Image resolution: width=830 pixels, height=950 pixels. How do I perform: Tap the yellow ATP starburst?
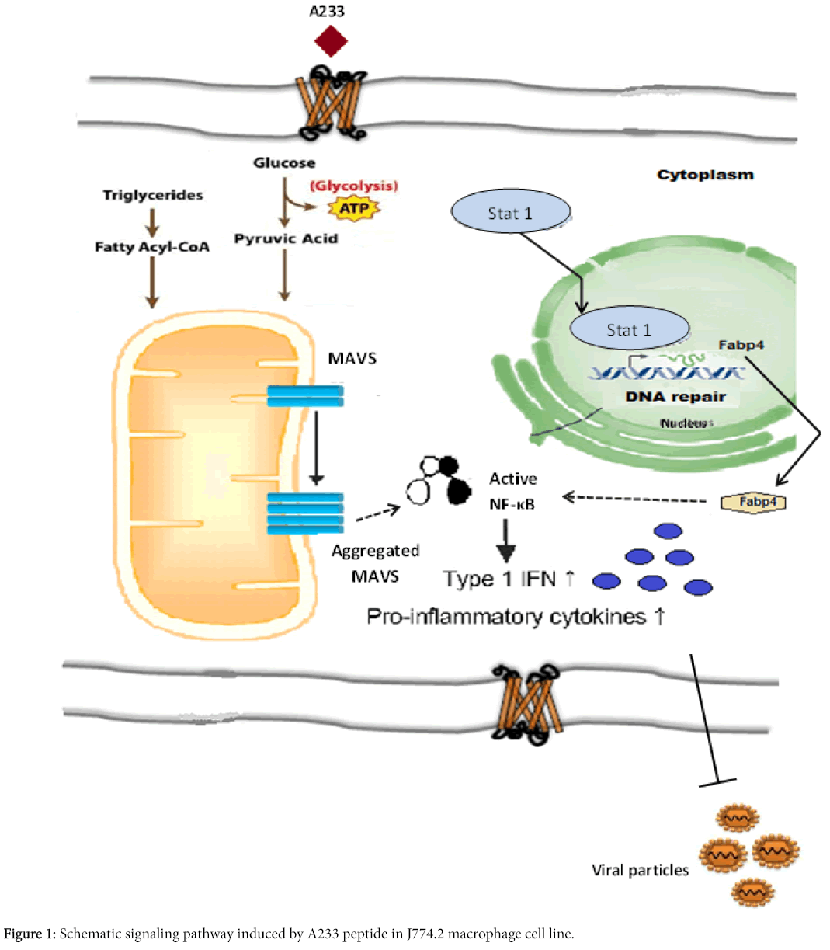pyautogui.click(x=354, y=208)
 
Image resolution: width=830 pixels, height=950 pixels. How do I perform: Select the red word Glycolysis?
pyautogui.click(x=354, y=186)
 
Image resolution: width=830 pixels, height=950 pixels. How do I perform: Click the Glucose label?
pyautogui.click(x=284, y=163)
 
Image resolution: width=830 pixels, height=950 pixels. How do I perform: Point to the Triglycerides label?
pyautogui.click(x=153, y=195)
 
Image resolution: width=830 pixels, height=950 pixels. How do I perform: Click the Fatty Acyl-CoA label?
pyautogui.click(x=152, y=247)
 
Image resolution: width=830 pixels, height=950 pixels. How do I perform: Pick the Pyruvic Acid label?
pyautogui.click(x=286, y=238)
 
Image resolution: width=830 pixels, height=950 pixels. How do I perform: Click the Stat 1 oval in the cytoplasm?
pyautogui.click(x=511, y=213)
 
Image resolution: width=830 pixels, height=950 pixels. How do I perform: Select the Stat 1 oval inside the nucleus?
pyautogui.click(x=629, y=329)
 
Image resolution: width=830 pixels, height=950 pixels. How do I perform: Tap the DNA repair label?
pyautogui.click(x=675, y=396)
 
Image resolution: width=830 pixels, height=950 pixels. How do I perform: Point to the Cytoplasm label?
pyautogui.click(x=705, y=175)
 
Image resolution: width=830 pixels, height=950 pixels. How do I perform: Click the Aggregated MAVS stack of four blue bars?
pyautogui.click(x=305, y=513)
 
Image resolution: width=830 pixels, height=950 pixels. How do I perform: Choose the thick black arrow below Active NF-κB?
pyautogui.click(x=506, y=540)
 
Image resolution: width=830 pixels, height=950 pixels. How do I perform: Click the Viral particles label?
pyautogui.click(x=640, y=870)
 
